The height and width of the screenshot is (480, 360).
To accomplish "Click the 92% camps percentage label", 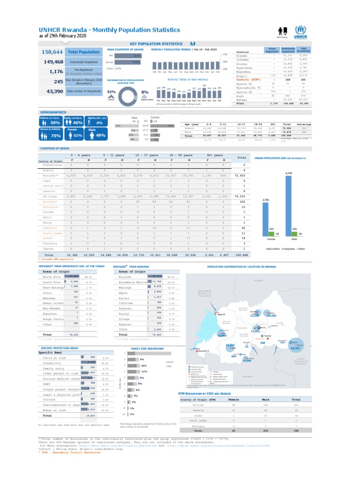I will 112,92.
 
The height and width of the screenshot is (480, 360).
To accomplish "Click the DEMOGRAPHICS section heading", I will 53,112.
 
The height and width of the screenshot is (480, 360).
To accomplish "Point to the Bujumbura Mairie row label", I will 135,282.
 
